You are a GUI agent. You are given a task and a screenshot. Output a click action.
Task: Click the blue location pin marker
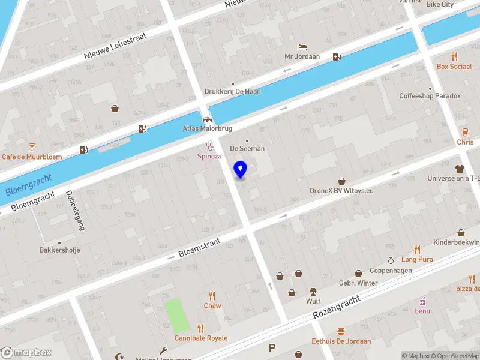pyautogui.click(x=241, y=170)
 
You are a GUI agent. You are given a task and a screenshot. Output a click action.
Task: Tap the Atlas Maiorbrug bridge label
pyautogui.click(x=207, y=128)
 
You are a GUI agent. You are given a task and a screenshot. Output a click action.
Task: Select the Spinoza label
pyautogui.click(x=210, y=156)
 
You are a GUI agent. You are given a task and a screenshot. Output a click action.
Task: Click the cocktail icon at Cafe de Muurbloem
pyautogui.click(x=32, y=146)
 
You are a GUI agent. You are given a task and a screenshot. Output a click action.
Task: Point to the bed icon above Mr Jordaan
pyautogui.click(x=302, y=47)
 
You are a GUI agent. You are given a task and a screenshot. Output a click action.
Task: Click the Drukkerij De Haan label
pyautogui.click(x=232, y=92)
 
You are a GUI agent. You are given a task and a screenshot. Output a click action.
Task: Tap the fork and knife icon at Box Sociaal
pyautogui.click(x=454, y=57)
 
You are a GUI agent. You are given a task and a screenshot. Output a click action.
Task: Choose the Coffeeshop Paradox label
pyautogui.click(x=430, y=96)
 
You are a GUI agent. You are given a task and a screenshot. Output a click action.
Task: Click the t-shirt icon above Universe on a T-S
pyautogui.click(x=460, y=169)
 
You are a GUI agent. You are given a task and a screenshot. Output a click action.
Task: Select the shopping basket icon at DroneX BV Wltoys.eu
pyautogui.click(x=341, y=181)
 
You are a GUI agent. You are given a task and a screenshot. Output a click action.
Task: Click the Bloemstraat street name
pyautogui.click(x=199, y=247)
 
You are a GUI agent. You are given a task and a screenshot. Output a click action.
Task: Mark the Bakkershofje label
pyautogui.click(x=59, y=250)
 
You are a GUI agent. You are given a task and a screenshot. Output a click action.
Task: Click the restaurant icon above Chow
pyautogui.click(x=212, y=295)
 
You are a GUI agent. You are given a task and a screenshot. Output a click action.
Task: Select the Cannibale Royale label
pyautogui.click(x=200, y=338)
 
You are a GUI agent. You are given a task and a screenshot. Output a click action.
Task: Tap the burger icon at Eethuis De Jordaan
pyautogui.click(x=341, y=331)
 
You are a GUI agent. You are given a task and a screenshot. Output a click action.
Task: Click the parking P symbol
pyautogui.click(x=272, y=347)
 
